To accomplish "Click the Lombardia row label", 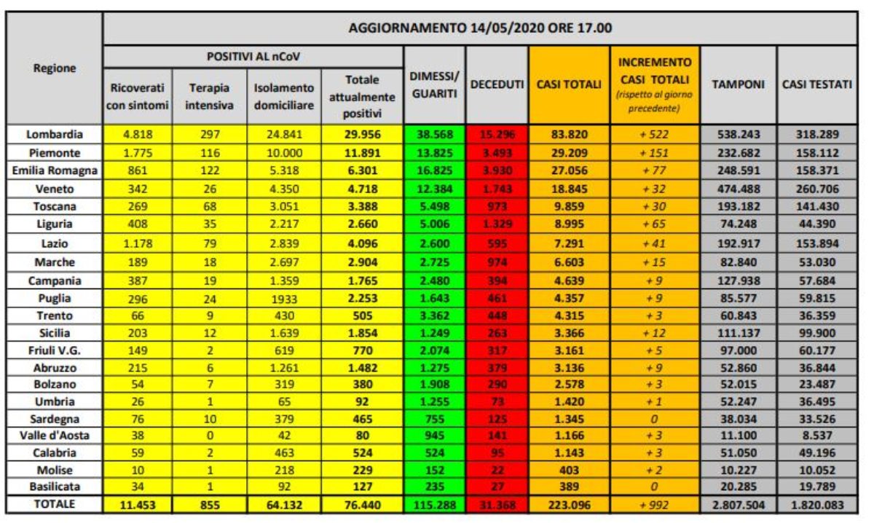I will coord(54,135).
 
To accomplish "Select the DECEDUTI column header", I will coord(497,85).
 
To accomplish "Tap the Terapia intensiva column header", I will coord(209,95).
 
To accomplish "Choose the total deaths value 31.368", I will coord(497,503).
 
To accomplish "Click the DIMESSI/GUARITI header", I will coord(434,85).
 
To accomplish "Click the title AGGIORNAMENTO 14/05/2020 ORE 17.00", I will coord(479,29).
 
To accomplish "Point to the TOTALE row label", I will coord(54,503).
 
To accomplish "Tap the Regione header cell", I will coord(54,68).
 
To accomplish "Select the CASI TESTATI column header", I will coord(816,85).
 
